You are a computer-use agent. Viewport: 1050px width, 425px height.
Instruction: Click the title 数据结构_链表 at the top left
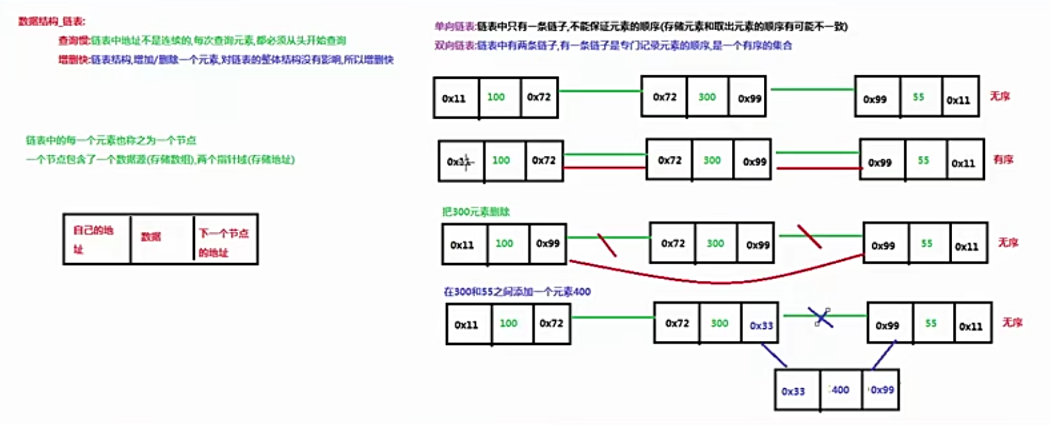(x=52, y=21)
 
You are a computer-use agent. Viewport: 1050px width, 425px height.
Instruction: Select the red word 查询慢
(x=73, y=40)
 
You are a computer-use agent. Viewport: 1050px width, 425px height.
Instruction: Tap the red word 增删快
(x=73, y=59)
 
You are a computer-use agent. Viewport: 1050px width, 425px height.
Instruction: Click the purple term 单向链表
(x=454, y=26)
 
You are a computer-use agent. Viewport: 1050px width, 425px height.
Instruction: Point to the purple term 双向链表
(x=454, y=45)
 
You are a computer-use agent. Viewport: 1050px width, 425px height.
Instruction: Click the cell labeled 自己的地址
(x=96, y=239)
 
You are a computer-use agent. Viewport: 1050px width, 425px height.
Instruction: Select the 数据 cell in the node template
(x=151, y=237)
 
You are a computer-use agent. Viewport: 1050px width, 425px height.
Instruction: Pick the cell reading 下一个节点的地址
(x=224, y=242)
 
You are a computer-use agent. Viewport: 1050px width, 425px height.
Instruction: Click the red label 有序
(x=1003, y=159)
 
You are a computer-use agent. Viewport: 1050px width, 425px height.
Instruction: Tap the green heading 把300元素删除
(x=476, y=212)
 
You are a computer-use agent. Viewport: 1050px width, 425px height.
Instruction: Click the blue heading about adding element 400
(x=517, y=292)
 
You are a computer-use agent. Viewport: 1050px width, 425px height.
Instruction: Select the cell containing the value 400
(x=840, y=389)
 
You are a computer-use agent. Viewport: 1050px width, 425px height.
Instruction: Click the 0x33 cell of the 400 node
(x=793, y=391)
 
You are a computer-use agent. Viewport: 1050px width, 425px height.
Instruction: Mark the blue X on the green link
(x=822, y=318)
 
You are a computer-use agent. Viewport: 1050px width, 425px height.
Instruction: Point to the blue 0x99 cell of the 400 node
(x=882, y=389)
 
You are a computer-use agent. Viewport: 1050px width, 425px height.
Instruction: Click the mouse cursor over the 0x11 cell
(x=466, y=161)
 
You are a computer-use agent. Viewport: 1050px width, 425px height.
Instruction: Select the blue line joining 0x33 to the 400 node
(x=774, y=355)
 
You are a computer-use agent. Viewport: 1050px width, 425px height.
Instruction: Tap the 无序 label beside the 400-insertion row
(x=1012, y=322)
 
